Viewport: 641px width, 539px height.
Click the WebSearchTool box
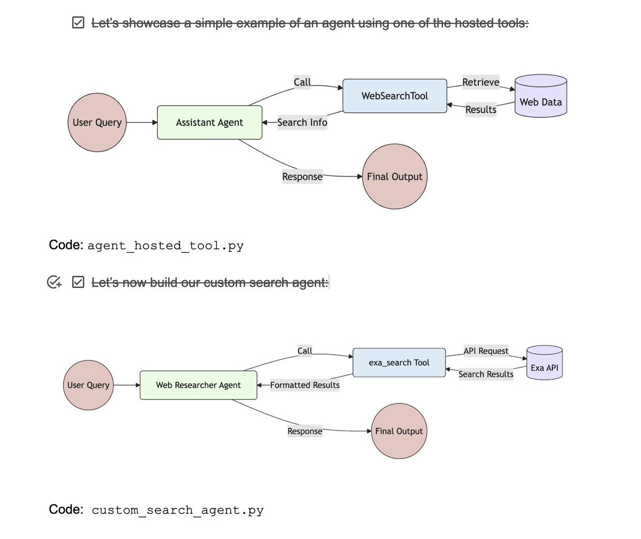point(394,96)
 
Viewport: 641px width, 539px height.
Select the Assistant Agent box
point(209,122)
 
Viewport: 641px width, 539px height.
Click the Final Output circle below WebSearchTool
point(395,177)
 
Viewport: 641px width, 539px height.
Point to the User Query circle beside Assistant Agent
point(97,122)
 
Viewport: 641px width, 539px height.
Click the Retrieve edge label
point(481,82)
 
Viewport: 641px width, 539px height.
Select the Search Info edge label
point(302,122)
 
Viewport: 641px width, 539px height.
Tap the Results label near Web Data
point(481,110)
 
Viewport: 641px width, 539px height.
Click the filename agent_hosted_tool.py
point(166,246)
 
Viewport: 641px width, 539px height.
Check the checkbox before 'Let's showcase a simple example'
point(78,22)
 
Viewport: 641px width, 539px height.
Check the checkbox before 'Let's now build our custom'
point(78,282)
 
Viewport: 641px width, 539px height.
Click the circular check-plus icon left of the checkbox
point(54,282)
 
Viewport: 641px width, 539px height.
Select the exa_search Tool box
point(399,363)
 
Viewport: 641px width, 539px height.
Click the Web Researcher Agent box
point(198,385)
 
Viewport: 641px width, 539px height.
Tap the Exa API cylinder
point(544,363)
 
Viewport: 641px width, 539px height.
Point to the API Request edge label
point(486,351)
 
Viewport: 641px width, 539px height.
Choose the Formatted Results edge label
point(304,385)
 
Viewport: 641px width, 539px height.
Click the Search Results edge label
point(486,374)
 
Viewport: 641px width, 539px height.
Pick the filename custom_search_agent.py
point(177,510)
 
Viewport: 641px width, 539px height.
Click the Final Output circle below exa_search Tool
point(399,431)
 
